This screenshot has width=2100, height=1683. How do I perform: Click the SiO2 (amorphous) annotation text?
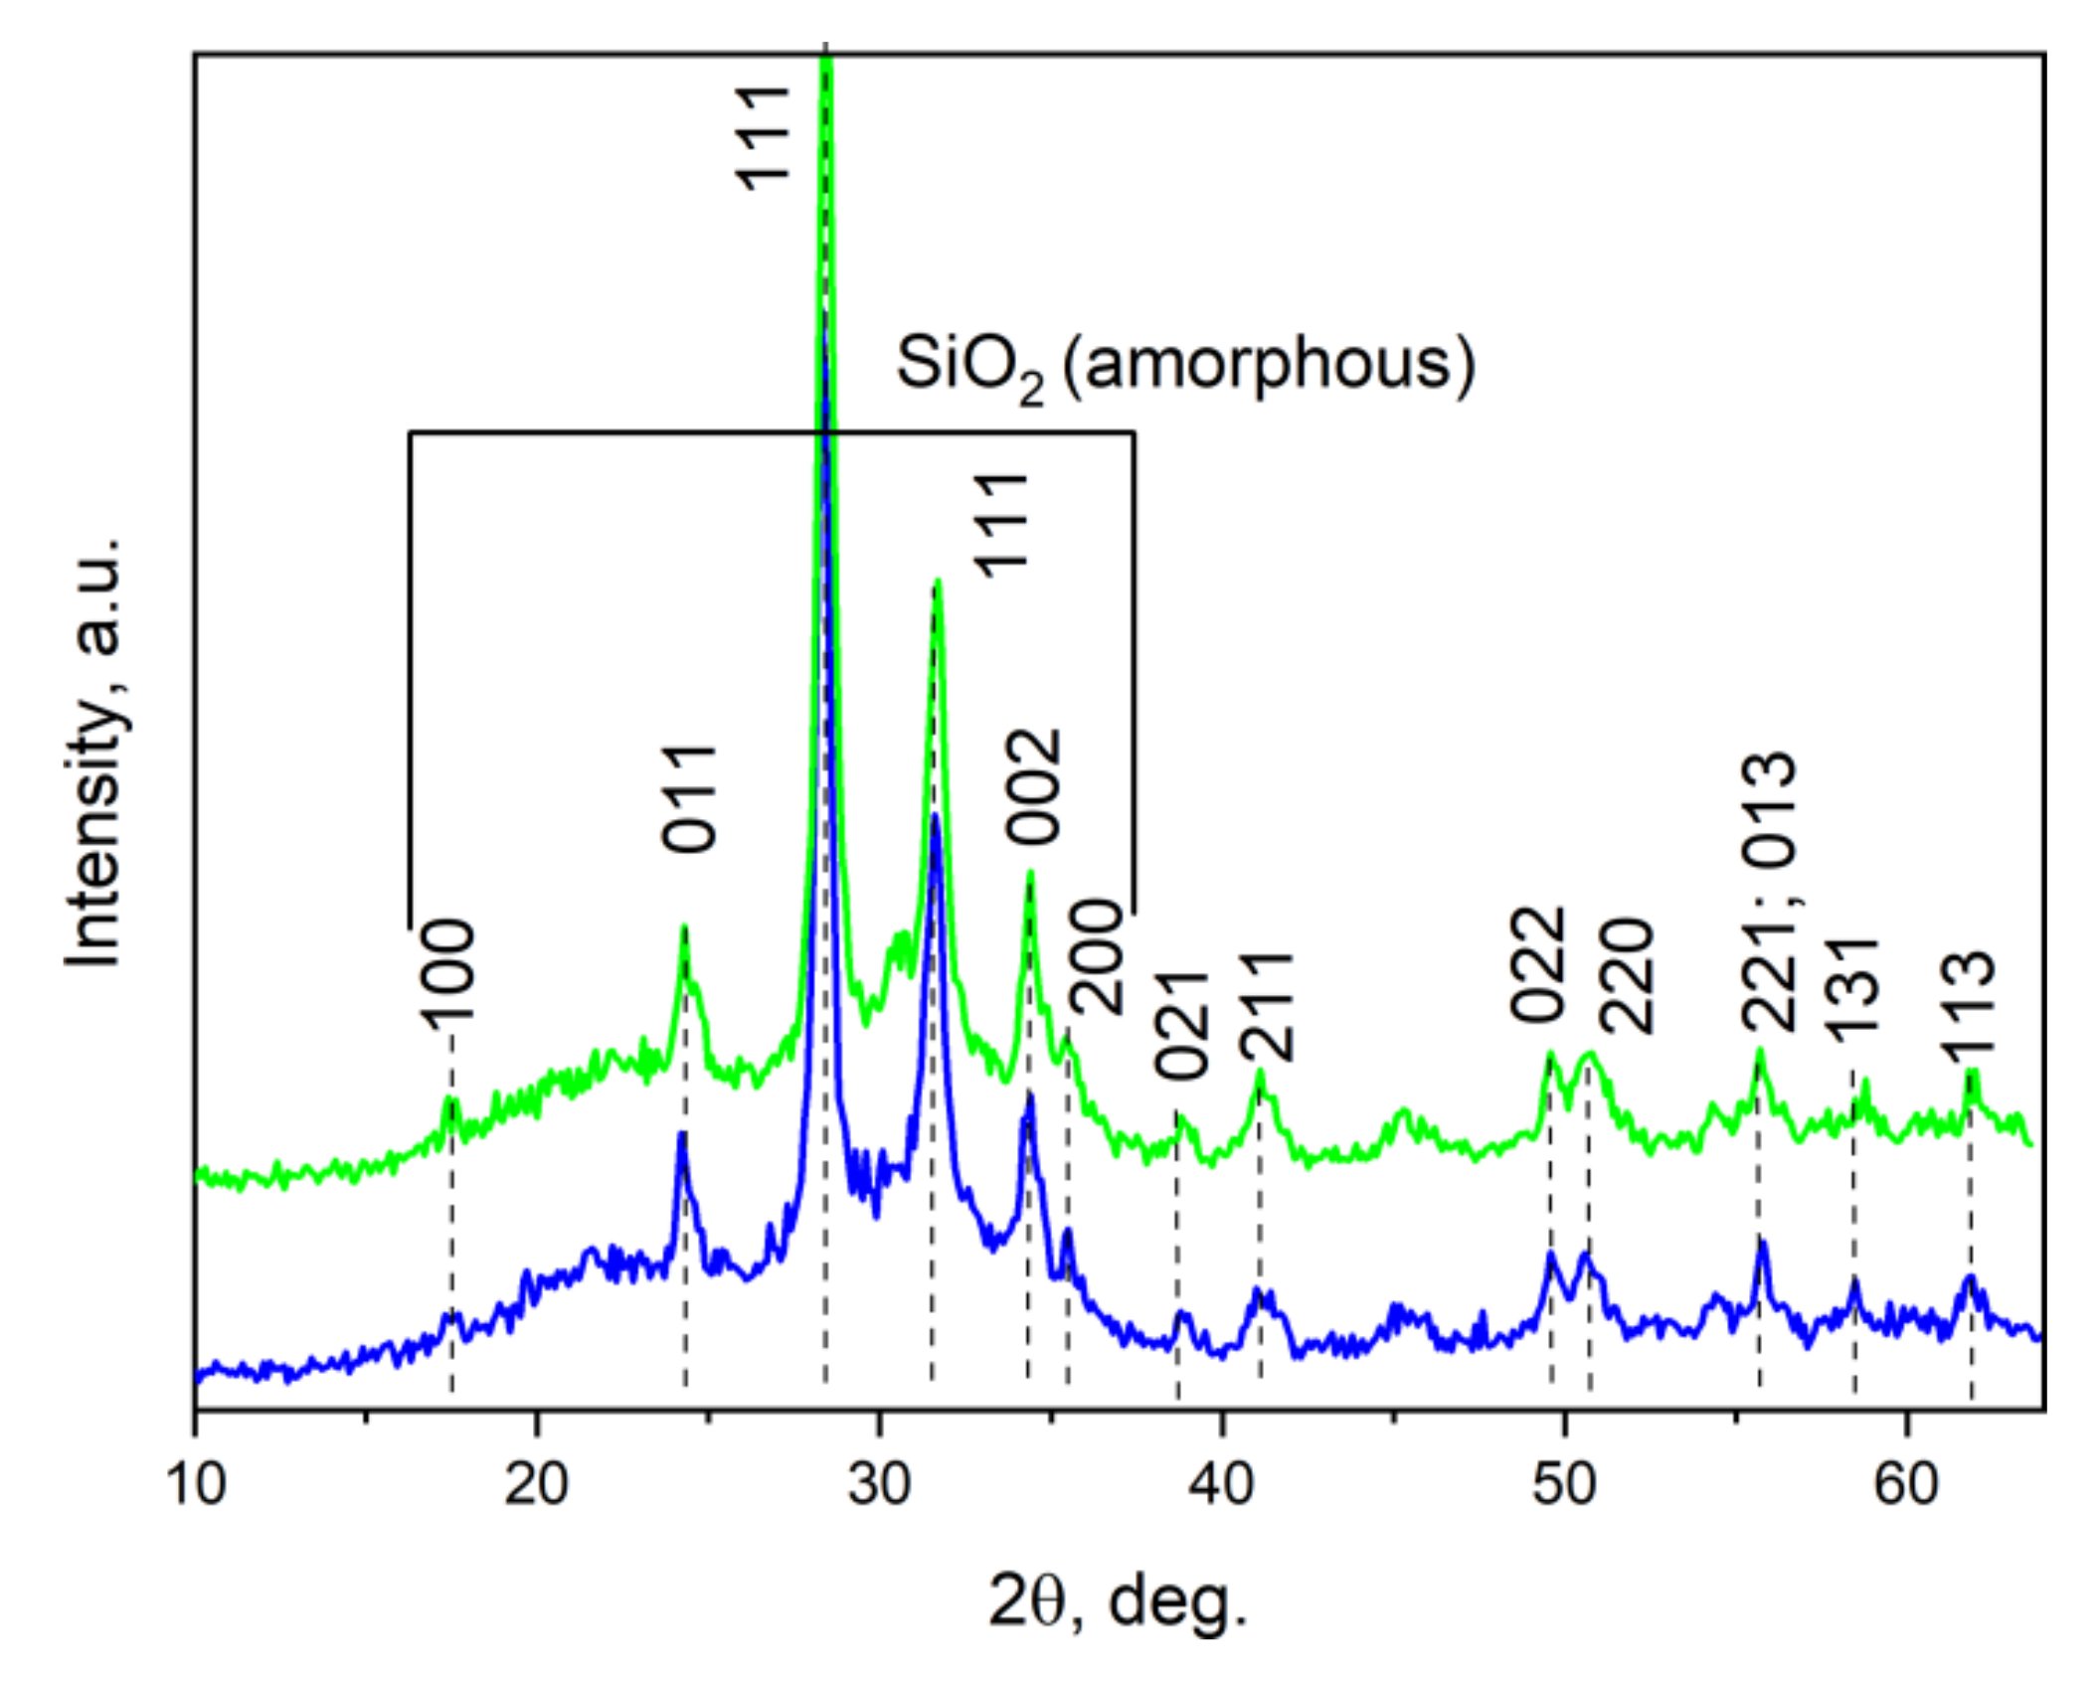(x=1185, y=366)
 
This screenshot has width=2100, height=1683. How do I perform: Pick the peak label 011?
(x=690, y=798)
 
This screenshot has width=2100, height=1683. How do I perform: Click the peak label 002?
(x=1035, y=787)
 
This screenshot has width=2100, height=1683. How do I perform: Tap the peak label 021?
(x=1182, y=1025)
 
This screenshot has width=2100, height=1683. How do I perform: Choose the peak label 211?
(x=1268, y=1007)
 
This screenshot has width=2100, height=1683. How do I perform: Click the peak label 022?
(x=1539, y=965)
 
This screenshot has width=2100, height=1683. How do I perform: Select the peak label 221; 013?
(x=1771, y=892)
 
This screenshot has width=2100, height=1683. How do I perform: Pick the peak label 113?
(x=1970, y=996)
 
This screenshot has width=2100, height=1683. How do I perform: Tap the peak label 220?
(x=1627, y=976)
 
